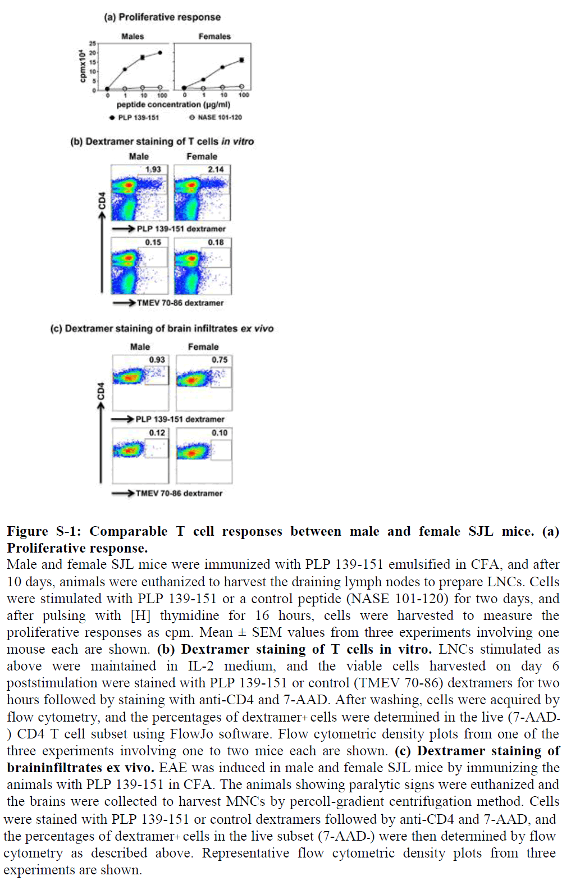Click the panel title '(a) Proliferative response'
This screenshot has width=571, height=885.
[162, 17]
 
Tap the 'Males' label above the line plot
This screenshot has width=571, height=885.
[133, 37]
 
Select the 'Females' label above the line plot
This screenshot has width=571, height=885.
[214, 37]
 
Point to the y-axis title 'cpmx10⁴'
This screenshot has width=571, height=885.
[83, 66]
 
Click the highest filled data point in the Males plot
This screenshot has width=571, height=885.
[160, 53]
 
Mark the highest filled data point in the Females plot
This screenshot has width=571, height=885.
[242, 60]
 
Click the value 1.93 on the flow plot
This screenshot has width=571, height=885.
[153, 169]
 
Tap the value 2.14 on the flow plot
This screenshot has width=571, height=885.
[216, 169]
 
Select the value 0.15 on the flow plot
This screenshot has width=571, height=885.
[153, 242]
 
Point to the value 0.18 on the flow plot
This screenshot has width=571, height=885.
[216, 242]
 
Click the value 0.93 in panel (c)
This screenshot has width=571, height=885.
[157, 359]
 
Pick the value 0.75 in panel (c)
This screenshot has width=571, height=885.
[220, 359]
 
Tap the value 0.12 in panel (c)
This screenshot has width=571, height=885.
[157, 432]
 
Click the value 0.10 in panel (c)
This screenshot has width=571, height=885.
[220, 432]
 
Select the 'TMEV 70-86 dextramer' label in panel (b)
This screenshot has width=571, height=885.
[180, 303]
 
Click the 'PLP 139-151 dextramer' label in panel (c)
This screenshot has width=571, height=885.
[180, 419]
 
